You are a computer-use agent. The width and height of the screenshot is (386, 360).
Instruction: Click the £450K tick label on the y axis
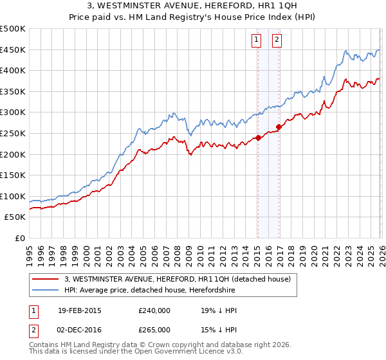(13, 50)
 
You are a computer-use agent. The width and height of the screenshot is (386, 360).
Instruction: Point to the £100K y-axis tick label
(13, 196)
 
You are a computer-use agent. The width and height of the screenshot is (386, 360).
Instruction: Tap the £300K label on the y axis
(13, 113)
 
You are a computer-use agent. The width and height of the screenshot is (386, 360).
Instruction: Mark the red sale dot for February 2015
(257, 138)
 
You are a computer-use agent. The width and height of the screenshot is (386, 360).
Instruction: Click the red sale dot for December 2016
(279, 127)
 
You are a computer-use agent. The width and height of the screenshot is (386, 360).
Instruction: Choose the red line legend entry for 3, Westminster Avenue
(178, 279)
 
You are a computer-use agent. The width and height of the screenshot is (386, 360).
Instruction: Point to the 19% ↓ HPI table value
(219, 310)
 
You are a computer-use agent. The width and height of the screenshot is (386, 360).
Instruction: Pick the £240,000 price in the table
(154, 310)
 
